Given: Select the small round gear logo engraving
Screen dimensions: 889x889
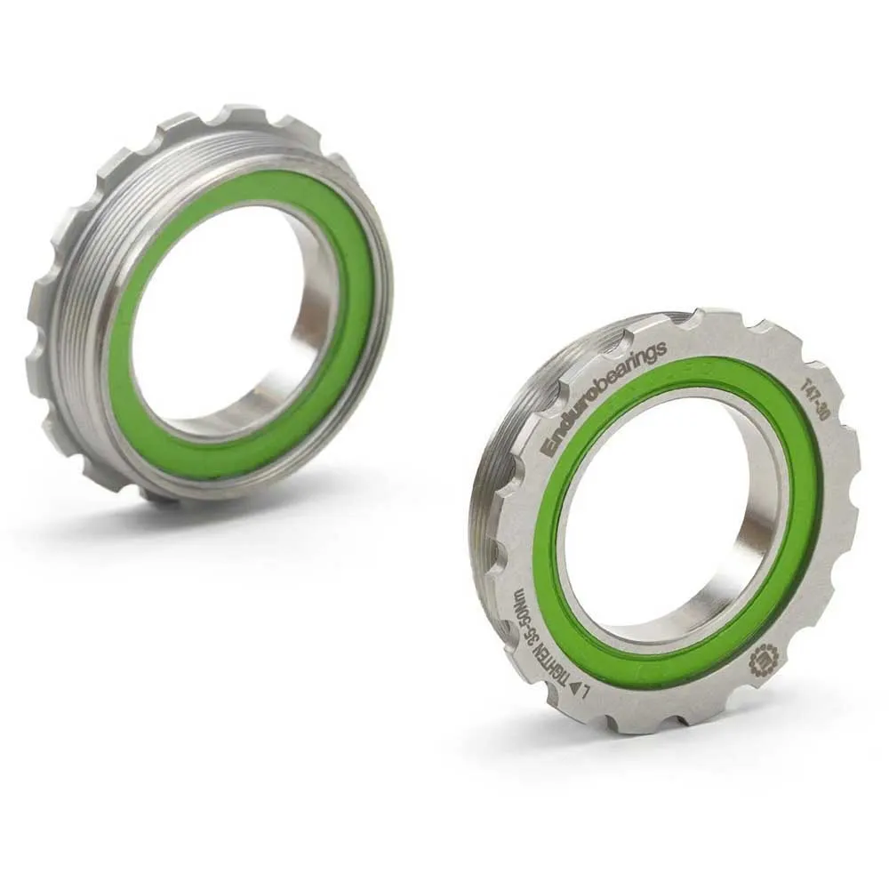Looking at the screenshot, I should [764, 660].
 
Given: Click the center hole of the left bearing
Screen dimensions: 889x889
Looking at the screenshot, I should [227, 320].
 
